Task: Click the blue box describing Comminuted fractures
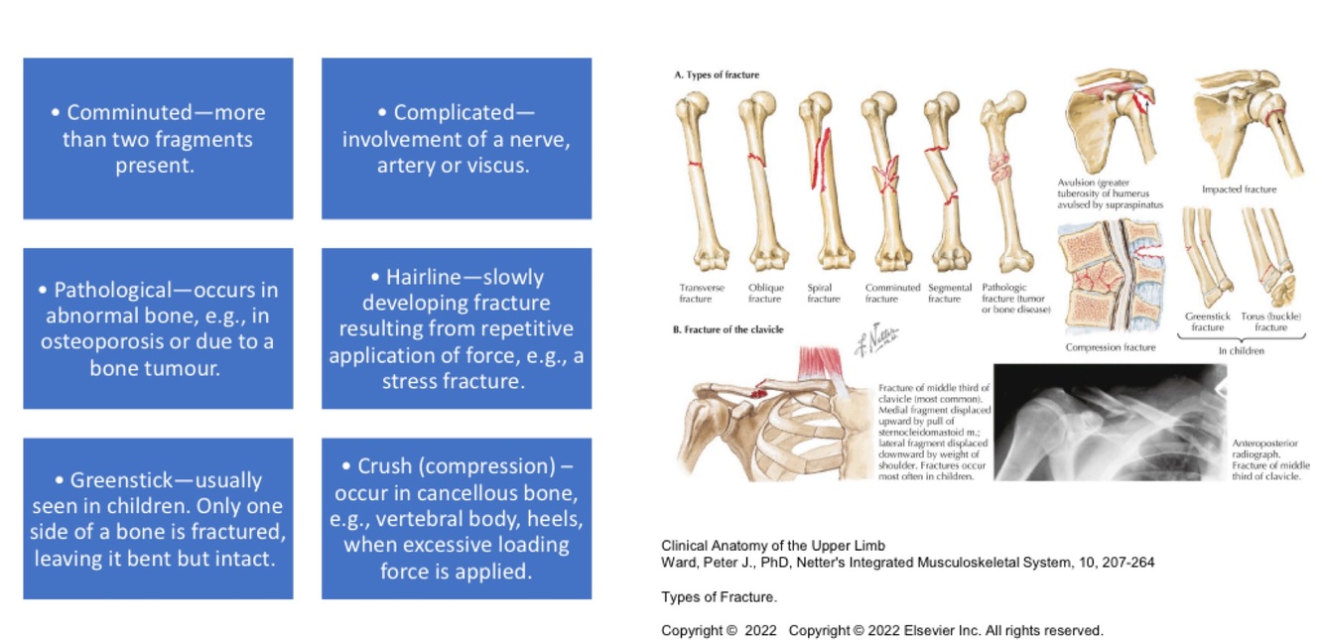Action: [x=158, y=138]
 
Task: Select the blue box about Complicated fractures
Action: [x=457, y=138]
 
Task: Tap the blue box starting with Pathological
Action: [x=158, y=328]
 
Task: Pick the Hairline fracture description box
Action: [x=457, y=328]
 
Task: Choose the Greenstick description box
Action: [x=158, y=519]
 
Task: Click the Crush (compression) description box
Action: [x=457, y=519]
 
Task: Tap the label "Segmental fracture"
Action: [x=950, y=294]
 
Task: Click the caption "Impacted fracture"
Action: [x=1239, y=190]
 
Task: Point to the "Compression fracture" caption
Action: [x=1111, y=347]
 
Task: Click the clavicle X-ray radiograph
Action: [x=1110, y=423]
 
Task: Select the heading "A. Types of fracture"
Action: [x=717, y=74]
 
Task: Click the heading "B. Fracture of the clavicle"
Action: [x=728, y=329]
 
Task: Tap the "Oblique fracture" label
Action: [x=765, y=294]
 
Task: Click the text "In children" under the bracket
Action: [x=1242, y=351]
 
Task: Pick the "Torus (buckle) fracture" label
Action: [x=1270, y=321]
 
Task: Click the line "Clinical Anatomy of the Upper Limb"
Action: [x=772, y=546]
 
